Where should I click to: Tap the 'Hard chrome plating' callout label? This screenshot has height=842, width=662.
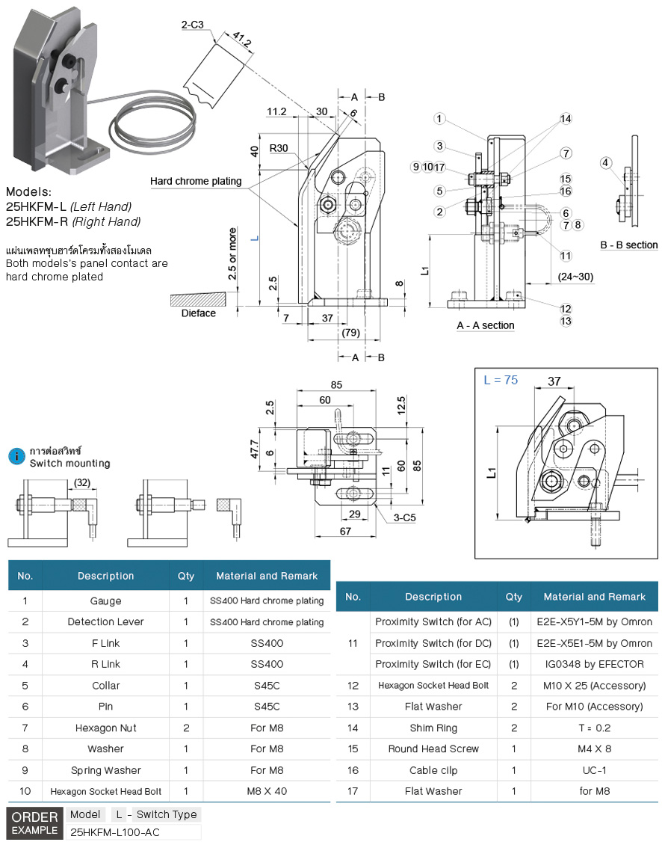coord(196,181)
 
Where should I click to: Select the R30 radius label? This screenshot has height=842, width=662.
coord(279,148)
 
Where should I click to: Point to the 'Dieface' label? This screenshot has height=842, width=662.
coord(199,313)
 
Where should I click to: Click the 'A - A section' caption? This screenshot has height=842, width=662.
coord(486,325)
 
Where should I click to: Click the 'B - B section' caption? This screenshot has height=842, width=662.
coord(629,245)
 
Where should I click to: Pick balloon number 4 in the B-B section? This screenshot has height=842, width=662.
coord(605,162)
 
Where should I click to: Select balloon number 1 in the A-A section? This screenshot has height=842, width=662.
coord(439,119)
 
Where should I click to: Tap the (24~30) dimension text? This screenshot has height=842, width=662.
coord(576,277)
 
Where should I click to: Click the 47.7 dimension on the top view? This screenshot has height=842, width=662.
coord(255,449)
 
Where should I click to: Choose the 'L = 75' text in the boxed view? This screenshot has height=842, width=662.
coord(501,379)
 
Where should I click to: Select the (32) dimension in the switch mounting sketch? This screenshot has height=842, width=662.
coord(81,482)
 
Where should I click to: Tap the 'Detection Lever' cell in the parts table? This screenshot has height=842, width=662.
coord(105,621)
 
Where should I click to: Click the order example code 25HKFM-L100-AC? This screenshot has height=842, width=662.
coord(114,832)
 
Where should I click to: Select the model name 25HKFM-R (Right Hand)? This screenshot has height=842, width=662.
coord(73,221)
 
